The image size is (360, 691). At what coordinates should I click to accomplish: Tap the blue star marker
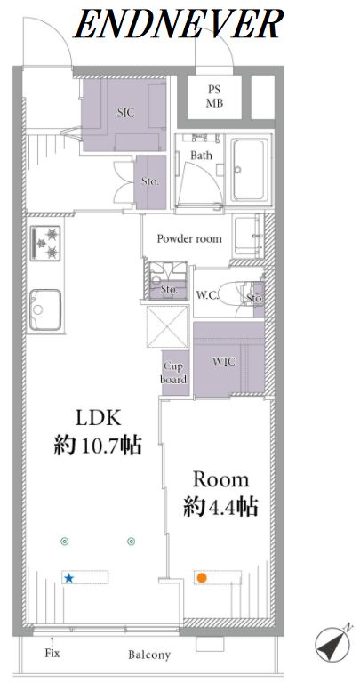(68, 578)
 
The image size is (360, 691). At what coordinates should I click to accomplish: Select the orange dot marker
(202, 577)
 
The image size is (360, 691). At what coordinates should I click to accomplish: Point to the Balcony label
(149, 655)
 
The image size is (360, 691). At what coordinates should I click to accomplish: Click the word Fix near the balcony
(52, 653)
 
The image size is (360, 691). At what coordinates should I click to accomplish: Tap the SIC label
(125, 113)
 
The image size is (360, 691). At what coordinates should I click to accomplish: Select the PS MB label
(215, 97)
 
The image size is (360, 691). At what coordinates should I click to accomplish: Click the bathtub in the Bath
(251, 170)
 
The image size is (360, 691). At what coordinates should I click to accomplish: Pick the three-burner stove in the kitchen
(45, 244)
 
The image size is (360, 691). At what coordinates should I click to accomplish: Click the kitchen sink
(45, 309)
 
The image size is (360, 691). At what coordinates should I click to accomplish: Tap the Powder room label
(189, 239)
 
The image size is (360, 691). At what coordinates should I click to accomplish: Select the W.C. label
(206, 294)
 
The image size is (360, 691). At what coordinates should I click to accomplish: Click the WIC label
(224, 362)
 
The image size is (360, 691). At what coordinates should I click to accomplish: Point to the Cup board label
(175, 373)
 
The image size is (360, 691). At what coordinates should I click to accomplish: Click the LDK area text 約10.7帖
(98, 446)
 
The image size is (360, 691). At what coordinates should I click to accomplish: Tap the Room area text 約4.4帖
(220, 507)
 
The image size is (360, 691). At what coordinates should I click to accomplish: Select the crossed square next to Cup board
(167, 325)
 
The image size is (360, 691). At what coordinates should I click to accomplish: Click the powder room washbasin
(248, 237)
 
